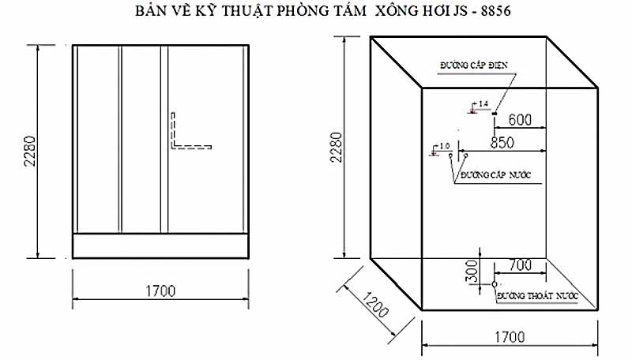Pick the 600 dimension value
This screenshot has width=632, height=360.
pyautogui.click(x=518, y=120)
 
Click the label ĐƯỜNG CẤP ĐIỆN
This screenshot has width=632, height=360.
pyautogui.click(x=473, y=66)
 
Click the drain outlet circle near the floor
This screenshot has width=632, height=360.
pyautogui.click(x=494, y=283)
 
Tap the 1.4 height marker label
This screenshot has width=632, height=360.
pyautogui.click(x=483, y=103)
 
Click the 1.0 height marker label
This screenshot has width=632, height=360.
pyautogui.click(x=443, y=146)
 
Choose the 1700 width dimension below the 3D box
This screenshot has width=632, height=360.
pyautogui.click(x=510, y=337)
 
